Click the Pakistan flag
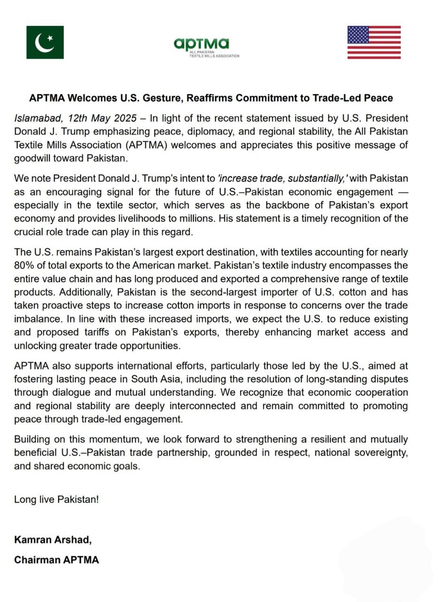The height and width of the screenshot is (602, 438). click(45, 42)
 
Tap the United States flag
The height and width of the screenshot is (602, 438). click(374, 42)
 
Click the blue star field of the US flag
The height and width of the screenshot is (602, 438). click(358, 35)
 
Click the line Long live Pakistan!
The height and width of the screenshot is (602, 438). click(56, 499)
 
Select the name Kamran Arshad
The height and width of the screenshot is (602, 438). click(53, 540)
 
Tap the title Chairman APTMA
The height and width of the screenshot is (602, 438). click(56, 560)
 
